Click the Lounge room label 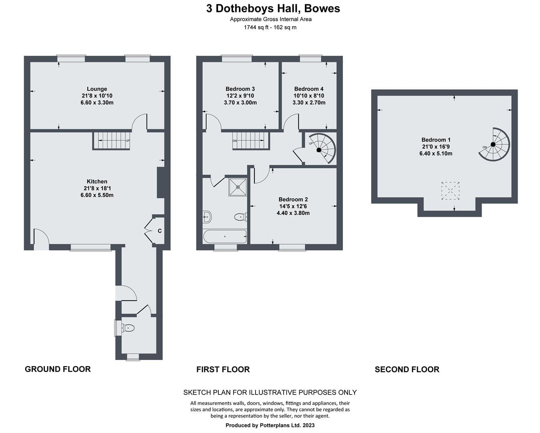(x=97, y=89)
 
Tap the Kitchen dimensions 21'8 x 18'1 (x=97, y=188)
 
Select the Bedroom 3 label (x=240, y=89)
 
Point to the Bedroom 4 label (x=308, y=89)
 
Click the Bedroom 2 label (x=293, y=199)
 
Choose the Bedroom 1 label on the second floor (x=436, y=140)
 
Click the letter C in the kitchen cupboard (x=159, y=231)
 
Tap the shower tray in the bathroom (x=238, y=187)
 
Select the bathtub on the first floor (x=225, y=236)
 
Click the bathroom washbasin (x=207, y=216)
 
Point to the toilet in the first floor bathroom (x=241, y=216)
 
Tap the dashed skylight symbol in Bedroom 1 (x=450, y=190)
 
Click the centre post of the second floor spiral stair (x=493, y=144)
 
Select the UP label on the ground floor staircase (x=128, y=141)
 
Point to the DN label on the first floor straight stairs (x=235, y=141)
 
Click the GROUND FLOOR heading (x=58, y=369)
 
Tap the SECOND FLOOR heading (x=407, y=369)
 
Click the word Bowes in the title (x=322, y=8)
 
